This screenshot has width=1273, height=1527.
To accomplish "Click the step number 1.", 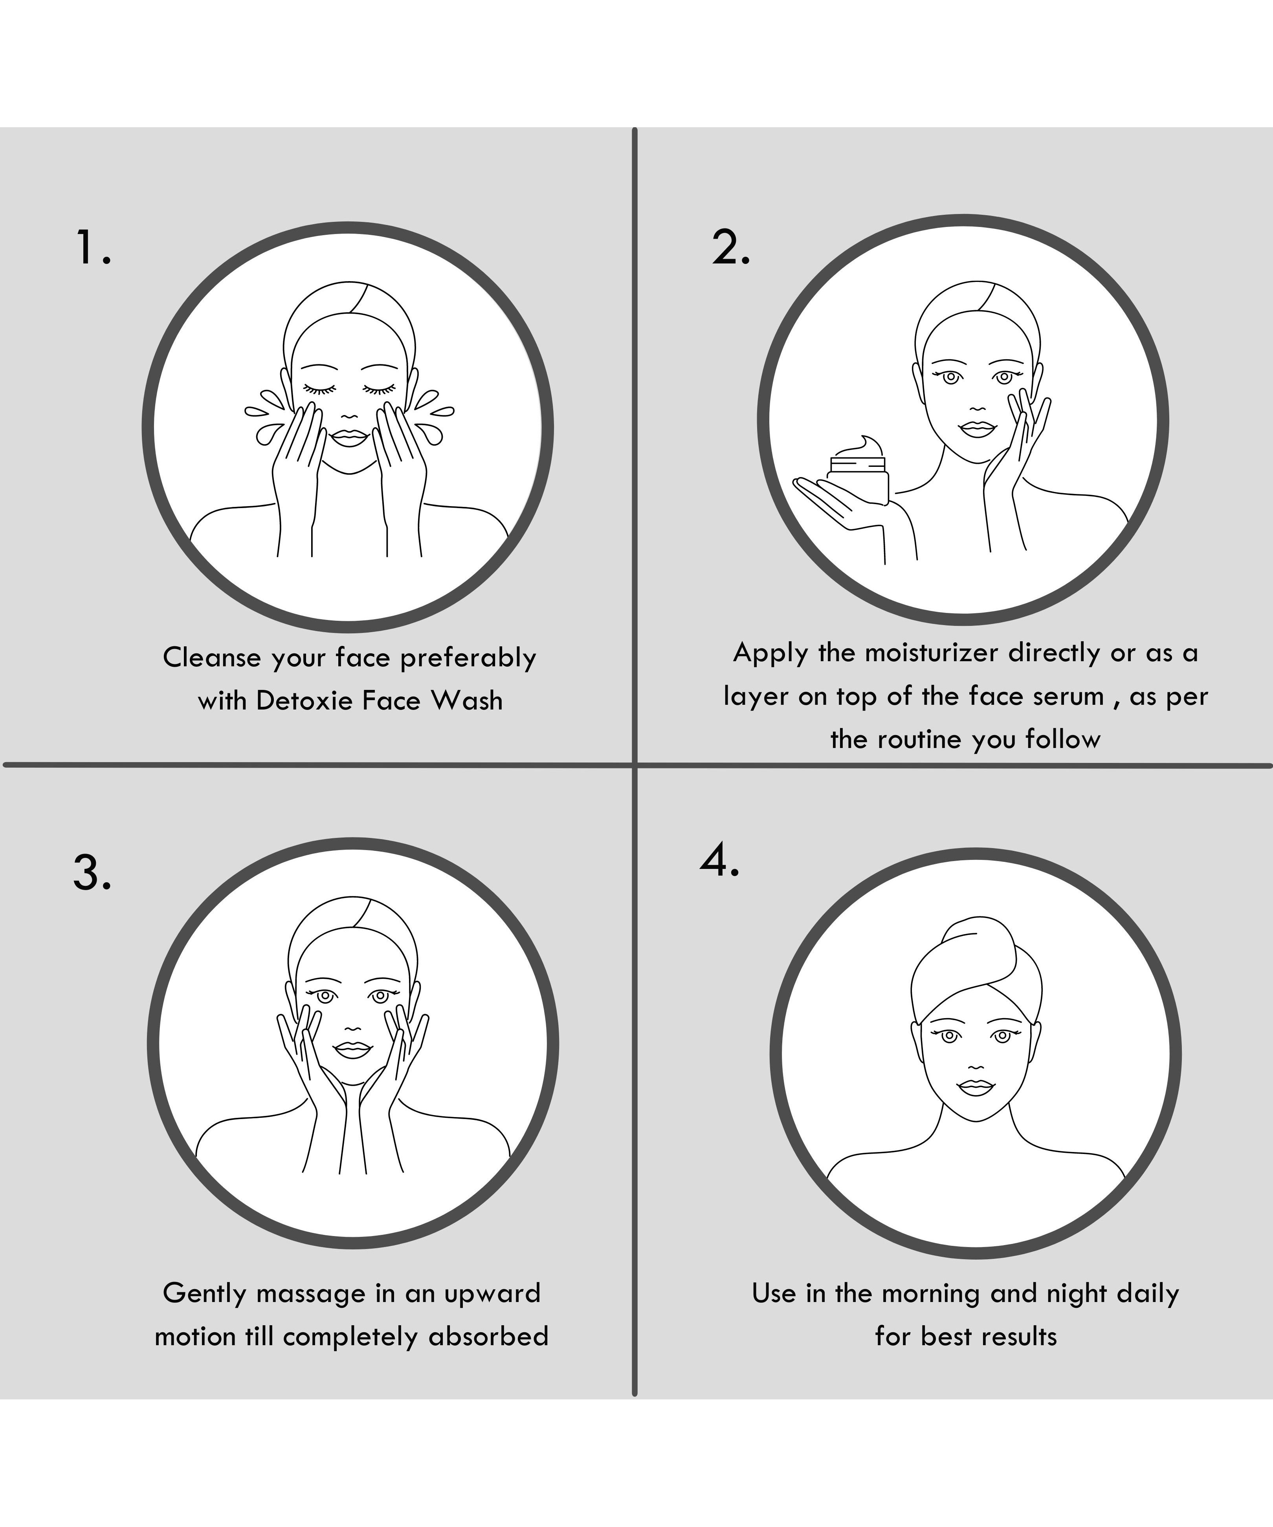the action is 93,247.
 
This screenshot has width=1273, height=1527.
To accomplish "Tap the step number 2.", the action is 730,247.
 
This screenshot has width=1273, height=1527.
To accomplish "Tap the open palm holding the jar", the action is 836,498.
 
